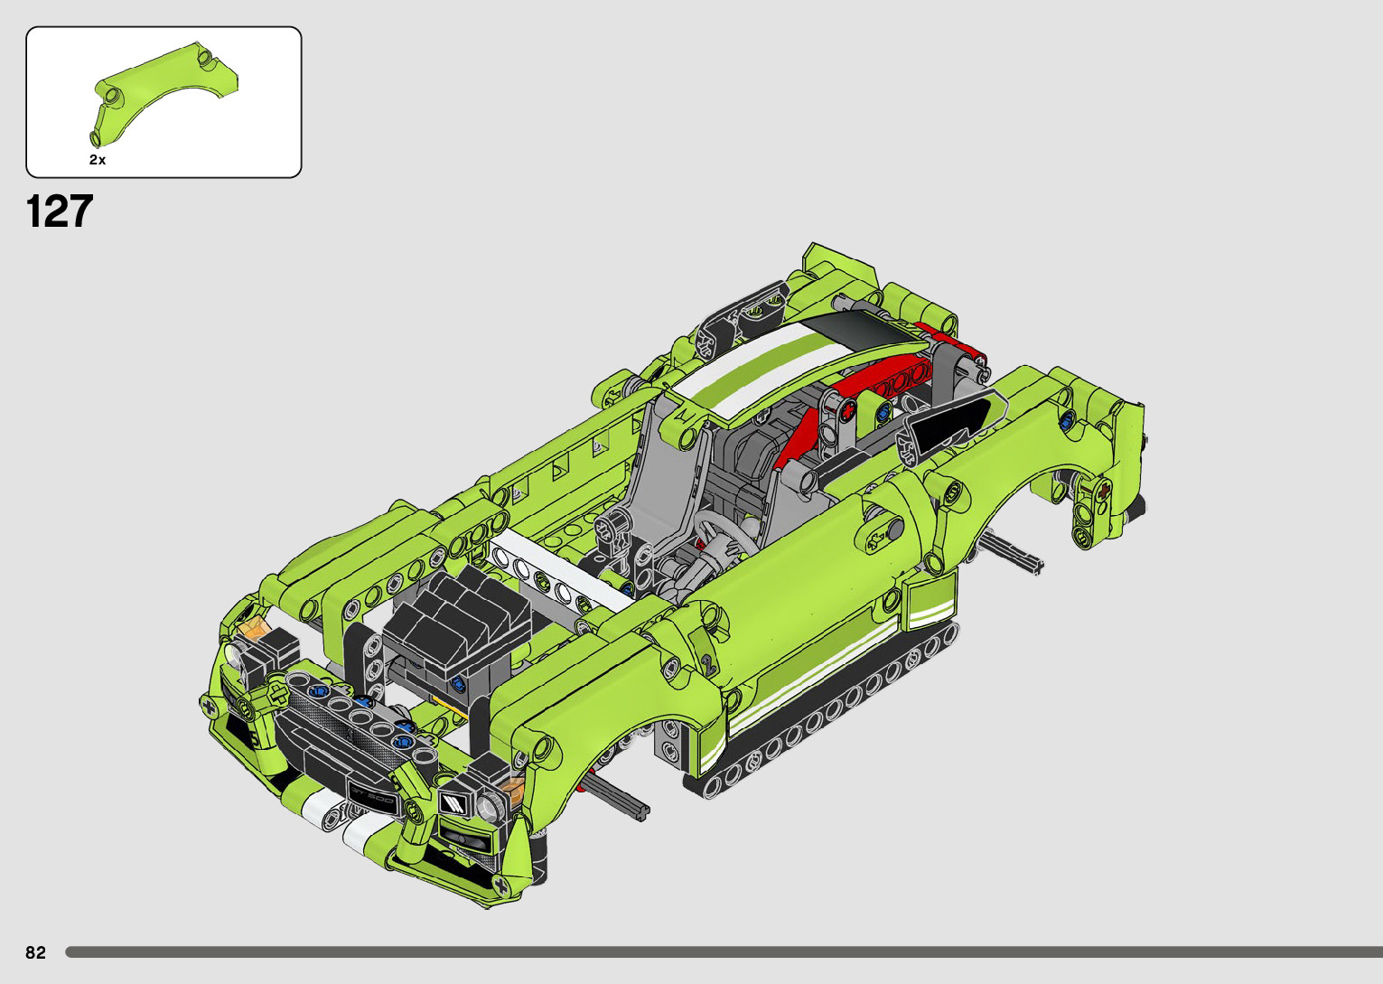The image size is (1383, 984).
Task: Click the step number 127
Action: (60, 211)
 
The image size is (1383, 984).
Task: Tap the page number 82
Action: (36, 952)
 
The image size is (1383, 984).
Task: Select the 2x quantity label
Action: (98, 160)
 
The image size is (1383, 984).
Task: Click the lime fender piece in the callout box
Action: (164, 93)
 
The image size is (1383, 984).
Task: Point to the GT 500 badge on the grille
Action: (371, 796)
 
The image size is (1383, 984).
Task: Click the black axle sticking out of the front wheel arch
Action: (617, 797)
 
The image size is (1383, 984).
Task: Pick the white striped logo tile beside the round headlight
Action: (453, 803)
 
